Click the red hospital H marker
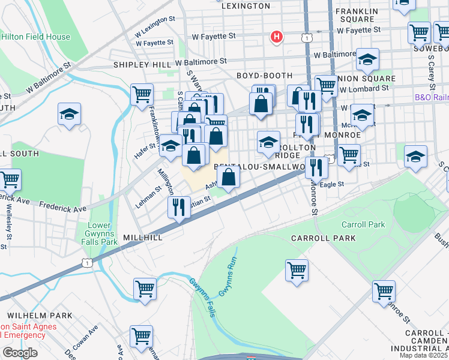click(276, 37)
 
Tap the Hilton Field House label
click(36, 37)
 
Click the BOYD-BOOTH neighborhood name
click(264, 76)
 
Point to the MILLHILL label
click(143, 238)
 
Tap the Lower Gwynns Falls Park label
click(101, 233)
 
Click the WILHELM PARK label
click(40, 315)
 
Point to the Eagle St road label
click(332, 185)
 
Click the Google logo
click(20, 353)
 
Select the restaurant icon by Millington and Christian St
click(179, 208)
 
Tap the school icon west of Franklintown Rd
click(70, 114)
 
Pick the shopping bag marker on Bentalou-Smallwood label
click(229, 177)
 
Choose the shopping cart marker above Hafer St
click(142, 94)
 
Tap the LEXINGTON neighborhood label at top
click(246, 6)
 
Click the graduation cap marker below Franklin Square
click(367, 59)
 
